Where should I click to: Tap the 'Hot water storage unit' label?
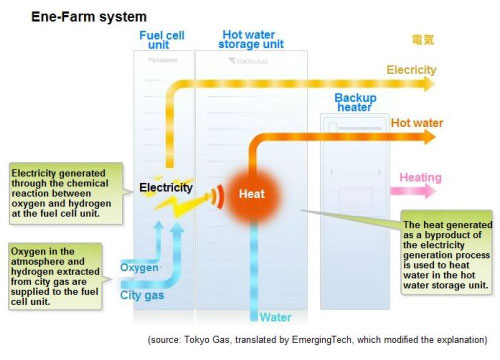tap(250, 44)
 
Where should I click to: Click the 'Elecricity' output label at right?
tap(411, 70)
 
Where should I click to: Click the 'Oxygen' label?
tap(139, 268)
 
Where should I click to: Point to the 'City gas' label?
tap(142, 293)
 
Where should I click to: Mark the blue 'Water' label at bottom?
tap(277, 318)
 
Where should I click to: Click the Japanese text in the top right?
tap(423, 39)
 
